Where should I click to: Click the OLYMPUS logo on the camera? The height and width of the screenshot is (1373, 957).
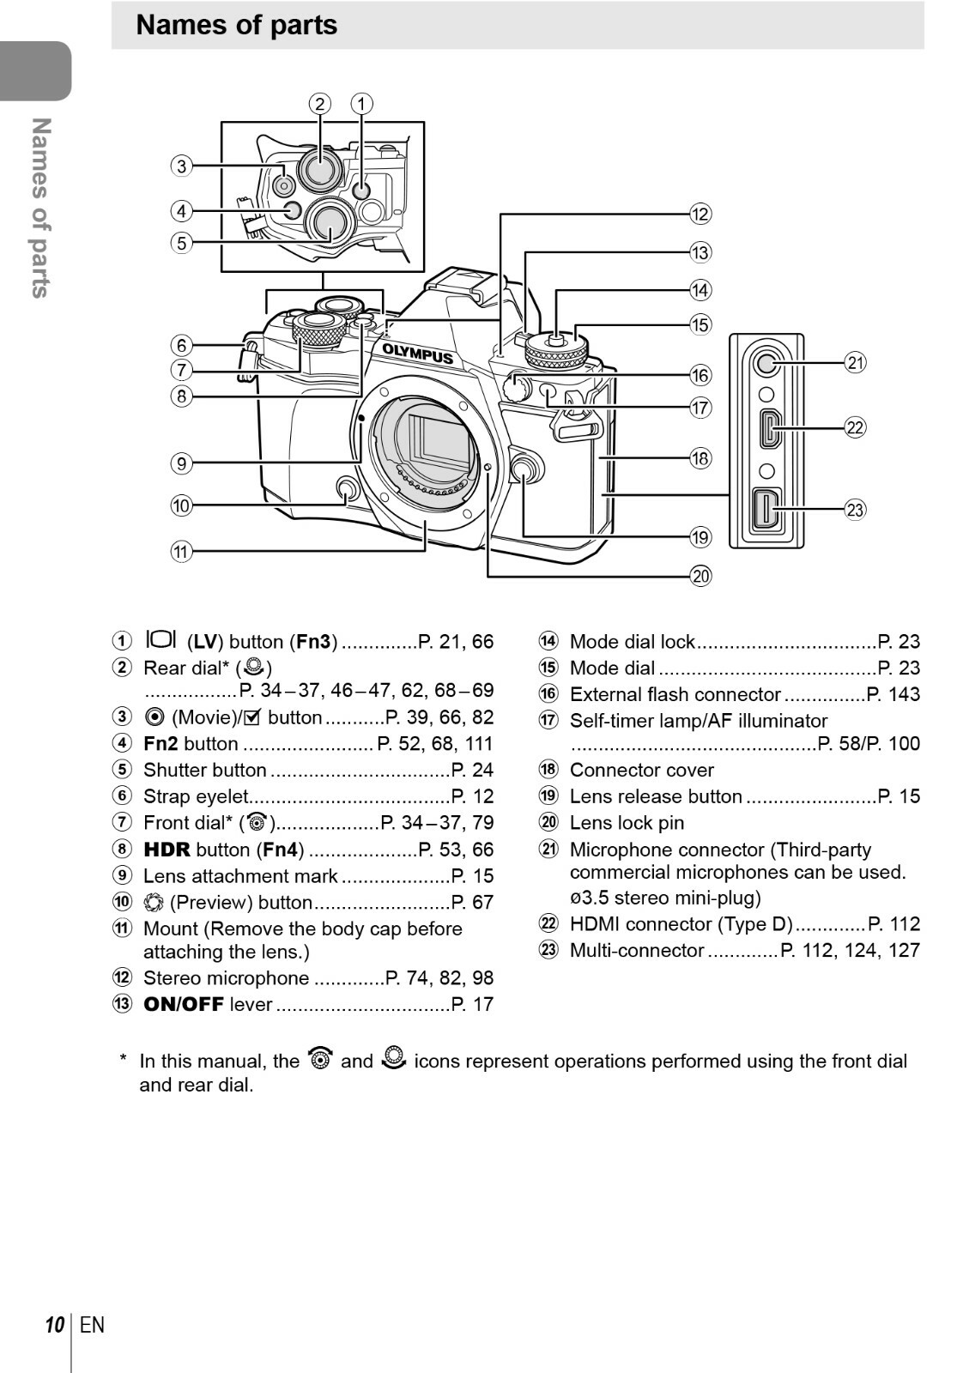click(417, 353)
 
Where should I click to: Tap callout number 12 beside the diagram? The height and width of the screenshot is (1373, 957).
click(700, 215)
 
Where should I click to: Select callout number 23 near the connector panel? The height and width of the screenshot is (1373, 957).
click(855, 510)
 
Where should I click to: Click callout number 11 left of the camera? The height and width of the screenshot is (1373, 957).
click(181, 551)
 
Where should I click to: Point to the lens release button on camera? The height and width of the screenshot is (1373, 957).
click(524, 469)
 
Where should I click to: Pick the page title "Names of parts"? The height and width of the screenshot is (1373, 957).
click(237, 25)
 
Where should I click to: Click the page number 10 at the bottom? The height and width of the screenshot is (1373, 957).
click(55, 1325)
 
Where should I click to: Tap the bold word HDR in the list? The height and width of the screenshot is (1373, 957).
click(167, 850)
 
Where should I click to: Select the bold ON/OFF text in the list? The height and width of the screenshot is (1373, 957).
click(183, 1004)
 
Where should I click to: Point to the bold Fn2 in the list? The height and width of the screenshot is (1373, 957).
click(161, 744)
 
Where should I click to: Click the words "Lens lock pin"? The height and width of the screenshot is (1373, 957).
click(627, 823)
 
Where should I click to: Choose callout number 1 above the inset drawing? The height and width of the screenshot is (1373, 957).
click(361, 104)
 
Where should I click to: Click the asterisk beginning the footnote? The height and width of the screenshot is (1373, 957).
click(124, 1060)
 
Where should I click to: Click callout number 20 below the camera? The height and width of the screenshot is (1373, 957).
click(700, 576)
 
